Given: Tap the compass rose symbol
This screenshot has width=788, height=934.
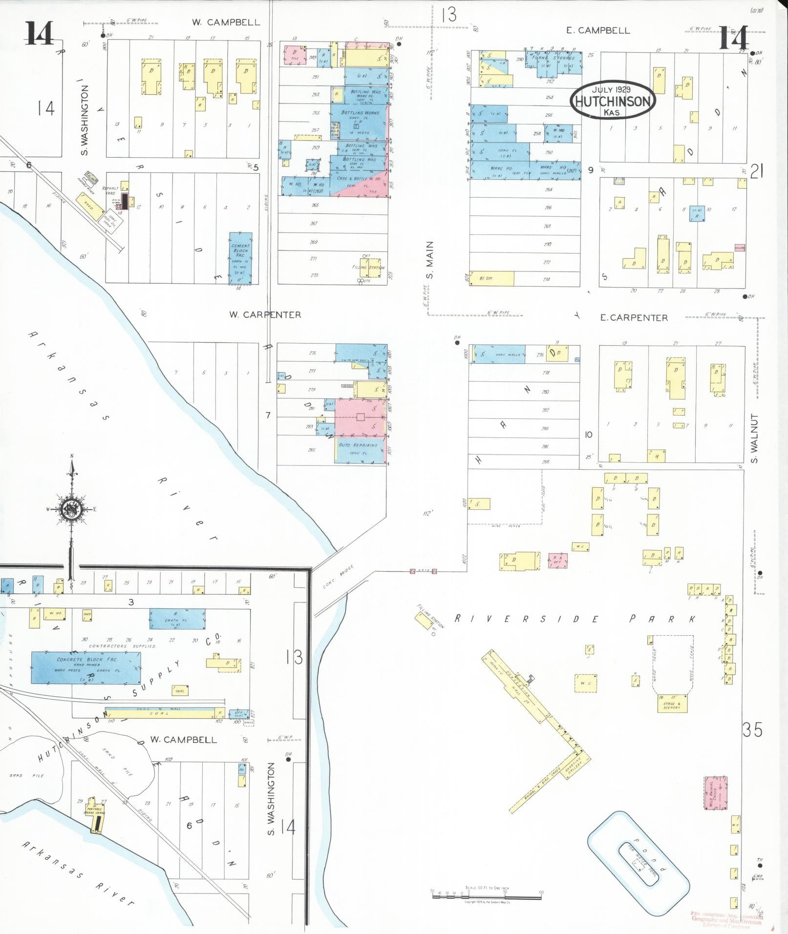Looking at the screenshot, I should [x=72, y=509].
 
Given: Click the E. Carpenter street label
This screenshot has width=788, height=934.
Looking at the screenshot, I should [x=634, y=318].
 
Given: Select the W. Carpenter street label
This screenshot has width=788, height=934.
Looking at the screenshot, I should [x=265, y=315].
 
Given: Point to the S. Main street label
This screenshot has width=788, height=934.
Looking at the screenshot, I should [x=430, y=260].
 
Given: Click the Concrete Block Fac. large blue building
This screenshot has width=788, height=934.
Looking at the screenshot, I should [x=86, y=667].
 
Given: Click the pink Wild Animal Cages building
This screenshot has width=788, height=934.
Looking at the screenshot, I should [x=715, y=793].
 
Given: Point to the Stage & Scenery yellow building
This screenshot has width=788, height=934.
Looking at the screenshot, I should [x=672, y=703].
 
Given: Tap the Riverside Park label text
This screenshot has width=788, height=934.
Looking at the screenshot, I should [x=575, y=619].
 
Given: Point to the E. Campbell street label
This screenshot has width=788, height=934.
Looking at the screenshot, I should [x=598, y=30].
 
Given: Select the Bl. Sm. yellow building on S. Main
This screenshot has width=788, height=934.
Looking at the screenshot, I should [x=491, y=278].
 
